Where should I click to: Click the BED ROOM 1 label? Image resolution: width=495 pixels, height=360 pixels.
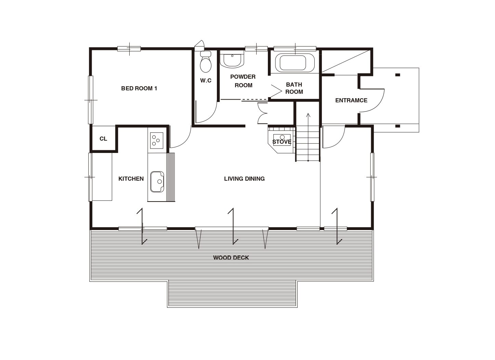139,88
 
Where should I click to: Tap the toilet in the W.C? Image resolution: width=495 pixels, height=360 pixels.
206,62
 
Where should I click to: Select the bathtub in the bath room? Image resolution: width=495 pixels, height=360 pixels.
295,63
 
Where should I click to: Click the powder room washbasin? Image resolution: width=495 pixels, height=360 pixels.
232,59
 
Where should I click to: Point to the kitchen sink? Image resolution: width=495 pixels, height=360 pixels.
157,182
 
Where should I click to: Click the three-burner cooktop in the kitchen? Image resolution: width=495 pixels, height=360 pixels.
157,141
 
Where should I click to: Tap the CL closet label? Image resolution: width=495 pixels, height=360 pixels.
103,139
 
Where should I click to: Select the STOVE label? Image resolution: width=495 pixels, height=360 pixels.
282,142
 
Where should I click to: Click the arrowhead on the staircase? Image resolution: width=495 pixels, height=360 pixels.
308,115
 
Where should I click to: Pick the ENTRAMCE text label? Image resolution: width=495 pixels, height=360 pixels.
351,100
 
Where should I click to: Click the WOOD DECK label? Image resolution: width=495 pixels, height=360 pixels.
231,258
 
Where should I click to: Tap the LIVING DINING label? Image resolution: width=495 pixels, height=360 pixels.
244,179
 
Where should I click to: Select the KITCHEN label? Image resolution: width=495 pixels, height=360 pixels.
131,179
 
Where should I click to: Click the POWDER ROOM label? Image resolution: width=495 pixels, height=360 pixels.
243,81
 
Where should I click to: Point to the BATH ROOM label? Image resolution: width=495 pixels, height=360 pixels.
294,88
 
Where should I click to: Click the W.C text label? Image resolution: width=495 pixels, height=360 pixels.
206,81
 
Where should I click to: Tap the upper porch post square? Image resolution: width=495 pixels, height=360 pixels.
398,75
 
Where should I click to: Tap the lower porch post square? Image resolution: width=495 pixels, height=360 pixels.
398,126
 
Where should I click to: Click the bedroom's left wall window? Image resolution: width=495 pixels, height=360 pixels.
91,100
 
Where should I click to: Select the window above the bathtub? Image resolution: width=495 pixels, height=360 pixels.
295,49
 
